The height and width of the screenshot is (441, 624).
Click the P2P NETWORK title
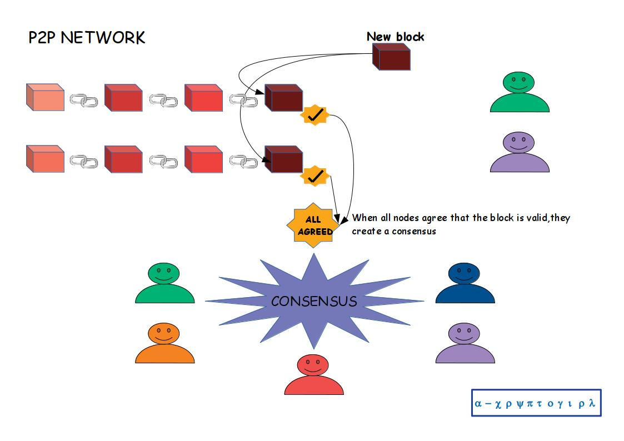[87, 38]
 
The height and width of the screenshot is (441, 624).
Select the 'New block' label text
[395, 37]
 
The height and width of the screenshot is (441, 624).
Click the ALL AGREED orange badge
[315, 225]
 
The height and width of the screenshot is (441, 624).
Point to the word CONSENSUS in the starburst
[314, 301]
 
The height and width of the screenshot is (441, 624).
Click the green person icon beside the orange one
[164, 284]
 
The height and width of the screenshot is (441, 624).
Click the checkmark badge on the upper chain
[315, 115]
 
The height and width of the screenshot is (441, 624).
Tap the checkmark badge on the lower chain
[315, 176]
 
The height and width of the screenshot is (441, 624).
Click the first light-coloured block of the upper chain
[45, 98]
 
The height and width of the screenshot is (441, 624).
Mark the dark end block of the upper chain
[283, 98]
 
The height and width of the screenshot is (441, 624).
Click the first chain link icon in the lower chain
[84, 162]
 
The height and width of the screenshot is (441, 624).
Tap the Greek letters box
[536, 403]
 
